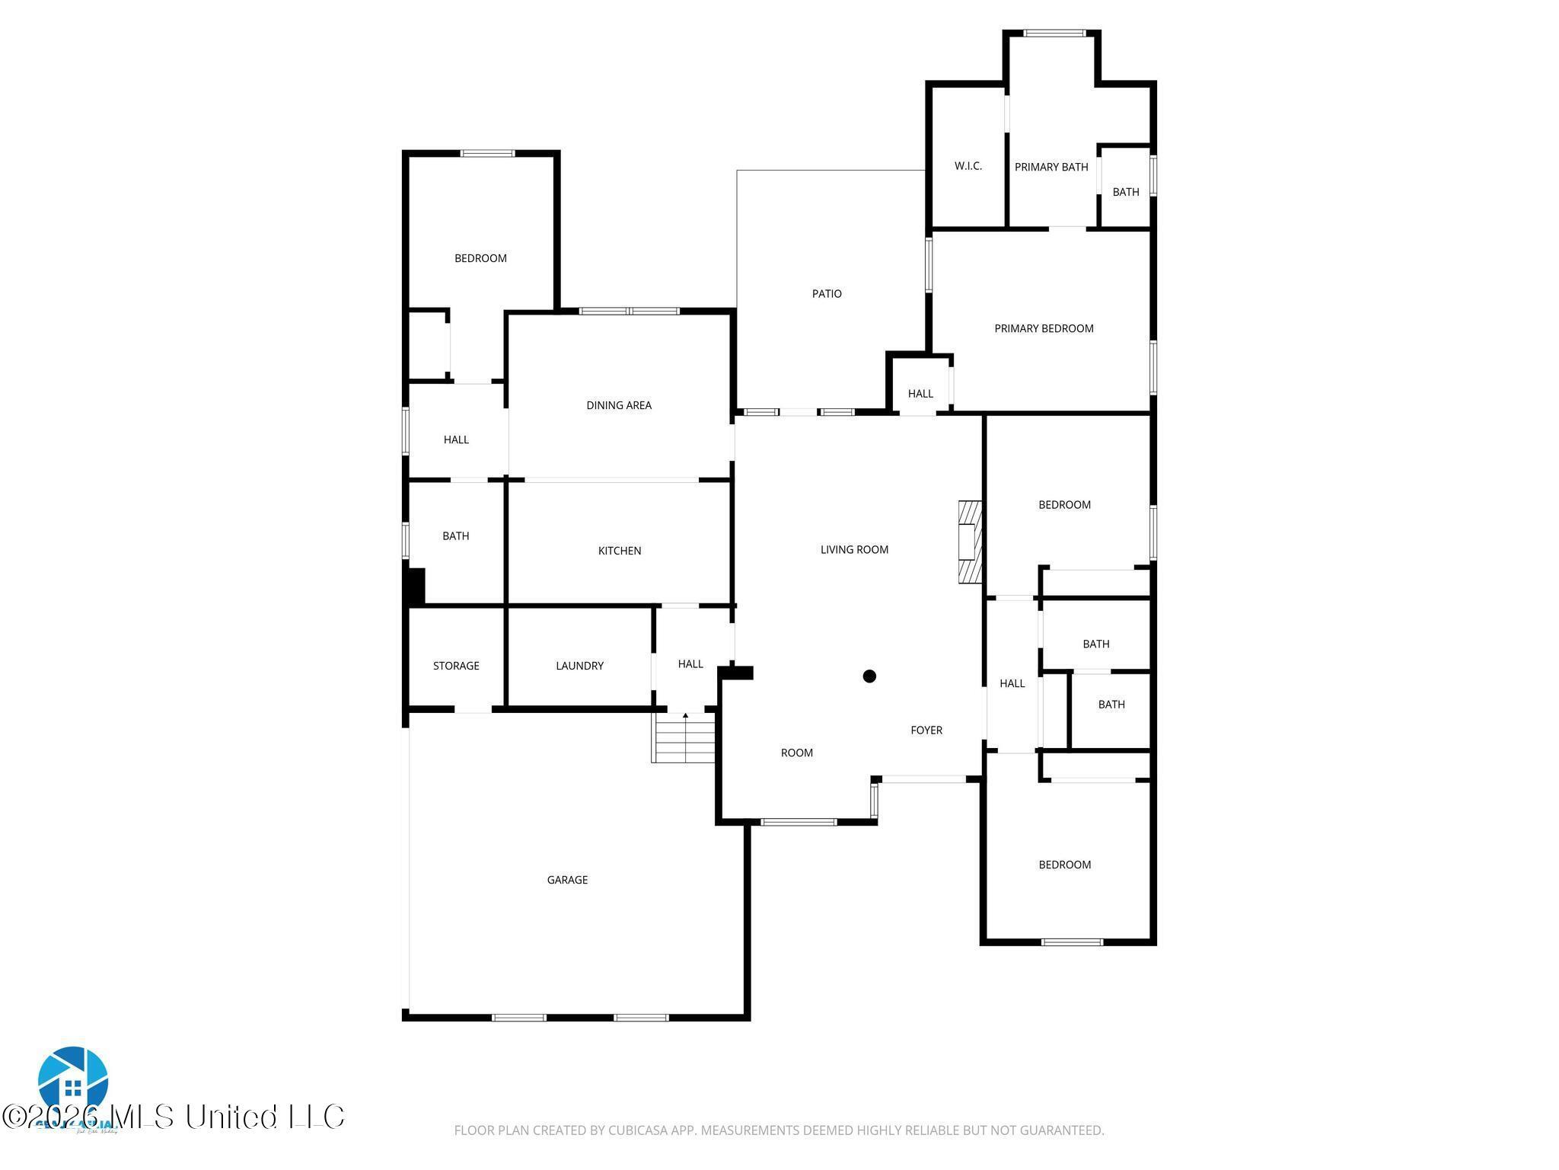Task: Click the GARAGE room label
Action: pyautogui.click(x=567, y=880)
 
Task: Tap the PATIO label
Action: pyautogui.click(x=827, y=293)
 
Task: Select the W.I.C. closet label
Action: pyautogui.click(x=968, y=166)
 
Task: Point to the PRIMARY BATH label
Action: pyautogui.click(x=1050, y=167)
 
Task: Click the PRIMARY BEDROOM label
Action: pyautogui.click(x=1044, y=328)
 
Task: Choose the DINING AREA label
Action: pyautogui.click(x=618, y=405)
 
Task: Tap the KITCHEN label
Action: pyautogui.click(x=619, y=551)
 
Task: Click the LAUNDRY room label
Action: pyautogui.click(x=579, y=666)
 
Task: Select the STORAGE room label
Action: pyautogui.click(x=456, y=666)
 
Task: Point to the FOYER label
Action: pyautogui.click(x=926, y=730)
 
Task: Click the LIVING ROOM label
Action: pyautogui.click(x=854, y=549)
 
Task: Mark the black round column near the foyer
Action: pyautogui.click(x=869, y=676)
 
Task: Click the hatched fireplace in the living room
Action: pyautogui.click(x=970, y=542)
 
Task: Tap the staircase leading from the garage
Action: pyautogui.click(x=684, y=738)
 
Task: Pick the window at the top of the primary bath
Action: pyautogui.click(x=1054, y=33)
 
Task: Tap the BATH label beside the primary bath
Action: pyautogui.click(x=1125, y=192)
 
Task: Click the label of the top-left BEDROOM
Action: pyautogui.click(x=480, y=258)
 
